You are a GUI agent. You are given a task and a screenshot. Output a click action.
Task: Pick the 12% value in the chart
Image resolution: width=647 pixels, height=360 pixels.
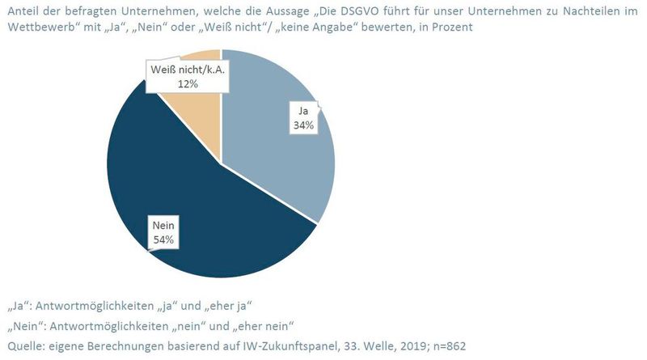[x=185, y=84]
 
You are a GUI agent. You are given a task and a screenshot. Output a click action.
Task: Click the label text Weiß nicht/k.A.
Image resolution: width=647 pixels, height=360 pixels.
[x=186, y=71]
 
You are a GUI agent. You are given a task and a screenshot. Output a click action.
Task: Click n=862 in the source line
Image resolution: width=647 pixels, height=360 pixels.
[x=445, y=346]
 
